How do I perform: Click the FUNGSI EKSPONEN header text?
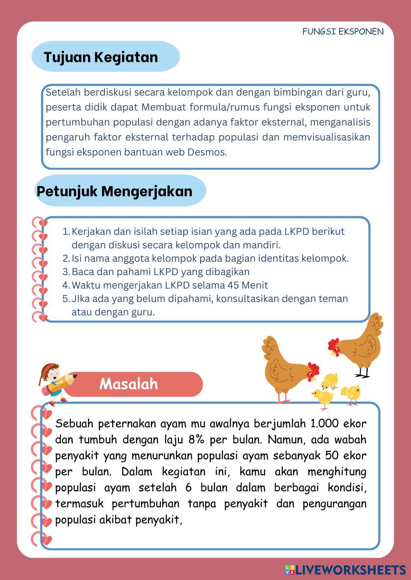coord(343,32)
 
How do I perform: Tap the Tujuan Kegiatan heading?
coord(101,57)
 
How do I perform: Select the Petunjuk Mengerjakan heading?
coord(114,191)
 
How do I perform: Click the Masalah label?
coord(129,384)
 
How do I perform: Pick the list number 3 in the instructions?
coord(66,272)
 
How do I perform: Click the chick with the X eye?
coord(351,393)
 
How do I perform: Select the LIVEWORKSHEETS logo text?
coord(350,570)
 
